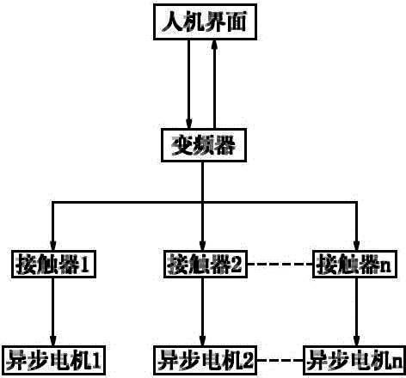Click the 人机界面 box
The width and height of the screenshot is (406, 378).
click(x=205, y=21)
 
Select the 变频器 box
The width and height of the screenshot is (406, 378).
click(x=204, y=145)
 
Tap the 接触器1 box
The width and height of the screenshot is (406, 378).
click(x=53, y=264)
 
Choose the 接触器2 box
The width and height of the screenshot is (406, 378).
click(x=206, y=264)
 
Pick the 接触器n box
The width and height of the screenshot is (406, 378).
click(x=354, y=264)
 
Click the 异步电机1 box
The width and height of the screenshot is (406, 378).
click(x=53, y=361)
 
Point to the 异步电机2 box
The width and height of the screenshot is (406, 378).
click(x=206, y=361)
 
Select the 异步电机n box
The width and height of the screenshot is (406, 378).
click(x=354, y=361)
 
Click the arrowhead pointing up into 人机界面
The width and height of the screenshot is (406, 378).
click(x=214, y=46)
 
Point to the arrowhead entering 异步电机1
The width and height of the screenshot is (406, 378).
click(x=53, y=340)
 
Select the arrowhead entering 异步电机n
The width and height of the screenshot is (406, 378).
click(x=356, y=340)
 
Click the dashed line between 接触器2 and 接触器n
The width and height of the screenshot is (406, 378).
click(x=280, y=264)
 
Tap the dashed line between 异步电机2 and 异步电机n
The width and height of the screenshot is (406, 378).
click(x=280, y=360)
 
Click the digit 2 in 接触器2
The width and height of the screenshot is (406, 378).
click(x=237, y=264)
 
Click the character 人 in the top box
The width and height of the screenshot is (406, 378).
click(x=172, y=22)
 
